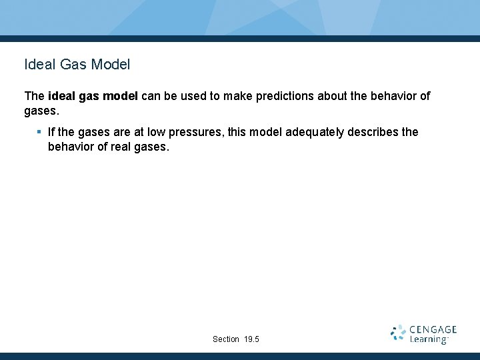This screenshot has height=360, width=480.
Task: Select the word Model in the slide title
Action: pyautogui.click(x=111, y=65)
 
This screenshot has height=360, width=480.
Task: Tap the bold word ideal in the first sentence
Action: pyautogui.click(x=61, y=96)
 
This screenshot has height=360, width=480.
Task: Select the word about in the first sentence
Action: pyautogui.click(x=332, y=96)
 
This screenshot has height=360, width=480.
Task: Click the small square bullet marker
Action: pyautogui.click(x=39, y=132)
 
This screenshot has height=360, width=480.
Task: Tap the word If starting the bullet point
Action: pyautogui.click(x=52, y=132)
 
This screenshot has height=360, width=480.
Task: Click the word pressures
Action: pyautogui.click(x=203, y=132)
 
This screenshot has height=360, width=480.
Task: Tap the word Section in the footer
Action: pyautogui.click(x=226, y=339)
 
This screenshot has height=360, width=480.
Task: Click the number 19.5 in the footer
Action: pyautogui.click(x=251, y=339)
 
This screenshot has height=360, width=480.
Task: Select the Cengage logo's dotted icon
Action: pyautogui.click(x=398, y=333)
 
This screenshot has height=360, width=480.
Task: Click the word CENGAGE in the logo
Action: pyautogui.click(x=433, y=329)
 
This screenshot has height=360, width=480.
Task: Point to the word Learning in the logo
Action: pyautogui.click(x=429, y=339)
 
